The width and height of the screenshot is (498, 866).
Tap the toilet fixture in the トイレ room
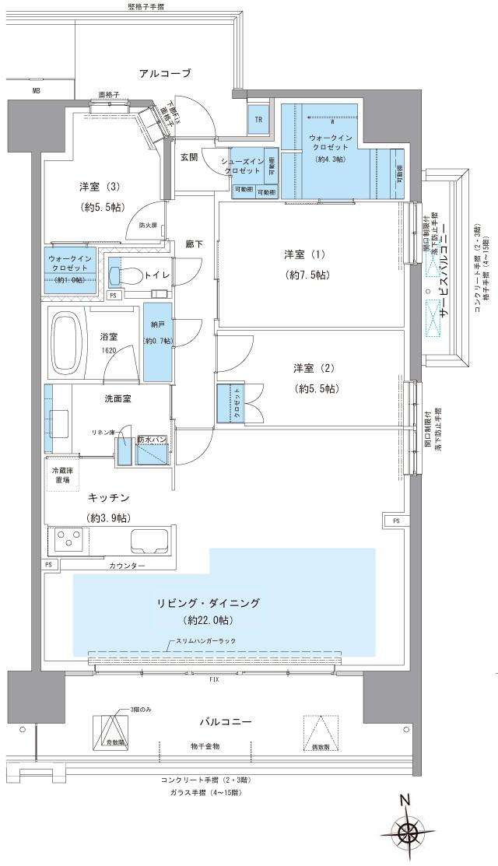124,275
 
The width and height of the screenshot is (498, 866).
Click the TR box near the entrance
257,119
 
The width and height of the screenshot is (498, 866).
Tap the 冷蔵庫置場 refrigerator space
61,475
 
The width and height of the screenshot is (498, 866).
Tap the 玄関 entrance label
189,157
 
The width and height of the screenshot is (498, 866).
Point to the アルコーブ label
165,74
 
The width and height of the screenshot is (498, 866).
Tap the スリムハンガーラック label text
205,640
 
